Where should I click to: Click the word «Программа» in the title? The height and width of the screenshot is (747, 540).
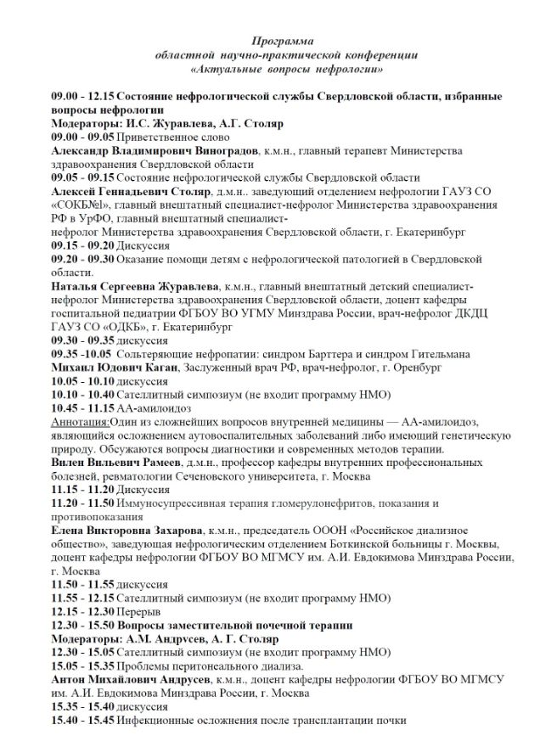click(283, 40)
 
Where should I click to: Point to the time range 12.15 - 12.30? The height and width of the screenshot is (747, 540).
click(83, 611)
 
